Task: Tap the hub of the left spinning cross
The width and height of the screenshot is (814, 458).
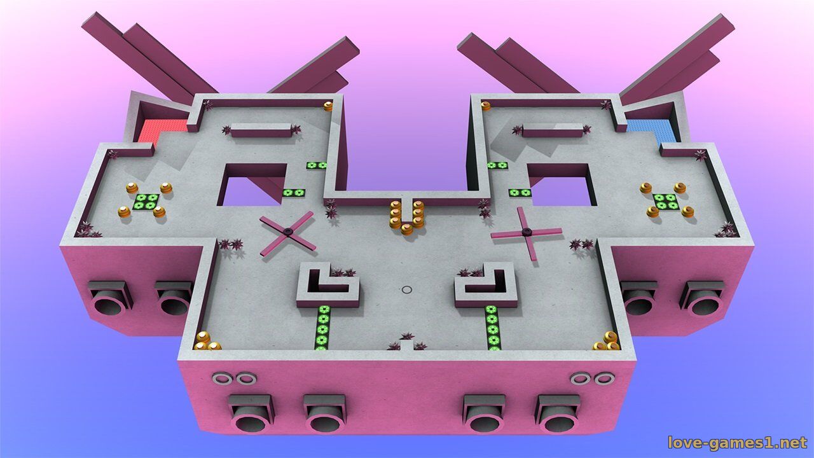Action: click(288, 231)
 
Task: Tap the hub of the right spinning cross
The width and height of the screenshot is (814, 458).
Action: click(525, 231)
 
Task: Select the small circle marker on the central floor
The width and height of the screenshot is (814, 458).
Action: click(407, 289)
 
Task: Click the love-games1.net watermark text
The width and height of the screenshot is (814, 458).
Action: click(737, 443)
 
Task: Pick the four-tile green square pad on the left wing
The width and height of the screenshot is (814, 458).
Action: click(146, 201)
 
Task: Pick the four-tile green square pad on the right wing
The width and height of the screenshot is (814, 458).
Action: click(666, 201)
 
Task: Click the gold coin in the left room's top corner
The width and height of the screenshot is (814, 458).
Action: click(328, 106)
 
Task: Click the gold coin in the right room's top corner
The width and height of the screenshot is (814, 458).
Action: click(485, 106)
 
